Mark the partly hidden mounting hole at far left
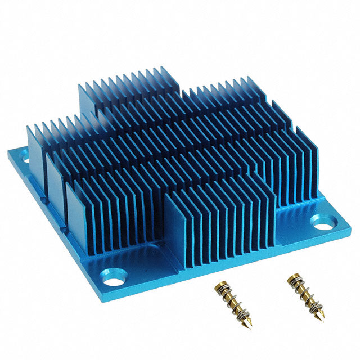click(26, 159)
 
